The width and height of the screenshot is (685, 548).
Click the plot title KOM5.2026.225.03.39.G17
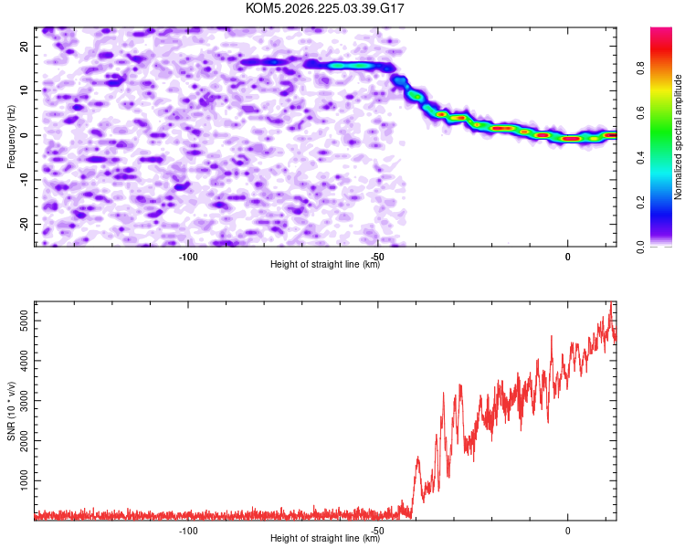pyautogui.click(x=324, y=8)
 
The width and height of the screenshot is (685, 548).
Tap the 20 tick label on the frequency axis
pyautogui.click(x=25, y=46)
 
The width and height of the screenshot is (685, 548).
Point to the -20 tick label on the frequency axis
pyautogui.click(x=25, y=225)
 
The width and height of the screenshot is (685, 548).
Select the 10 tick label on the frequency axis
pyautogui.click(x=25, y=90)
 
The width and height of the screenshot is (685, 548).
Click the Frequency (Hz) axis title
pyautogui.click(x=11, y=137)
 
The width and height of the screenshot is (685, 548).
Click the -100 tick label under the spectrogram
pyautogui.click(x=188, y=257)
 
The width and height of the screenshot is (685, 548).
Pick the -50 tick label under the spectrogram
pyautogui.click(x=378, y=257)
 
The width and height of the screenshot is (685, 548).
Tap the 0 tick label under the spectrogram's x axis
pyautogui.click(x=567, y=257)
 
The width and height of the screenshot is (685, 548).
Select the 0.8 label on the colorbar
pyautogui.click(x=640, y=68)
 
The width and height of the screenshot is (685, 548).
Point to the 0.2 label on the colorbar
pyautogui.click(x=640, y=203)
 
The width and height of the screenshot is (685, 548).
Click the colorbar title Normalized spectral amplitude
pyautogui.click(x=678, y=137)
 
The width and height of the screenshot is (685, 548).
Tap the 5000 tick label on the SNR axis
pyautogui.click(x=25, y=321)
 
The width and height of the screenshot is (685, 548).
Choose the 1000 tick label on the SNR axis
pyautogui.click(x=25, y=480)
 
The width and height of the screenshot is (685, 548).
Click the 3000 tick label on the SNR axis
pyautogui.click(x=25, y=401)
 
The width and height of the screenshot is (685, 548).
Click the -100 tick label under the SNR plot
pyautogui.click(x=188, y=531)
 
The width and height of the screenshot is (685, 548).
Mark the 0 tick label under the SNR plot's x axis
pyautogui.click(x=567, y=531)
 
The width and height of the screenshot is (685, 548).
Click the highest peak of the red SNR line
pyautogui.click(x=611, y=301)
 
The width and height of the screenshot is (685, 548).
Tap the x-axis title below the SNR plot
pyautogui.click(x=325, y=538)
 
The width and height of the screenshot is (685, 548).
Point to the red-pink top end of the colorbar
pyautogui.click(x=661, y=29)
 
